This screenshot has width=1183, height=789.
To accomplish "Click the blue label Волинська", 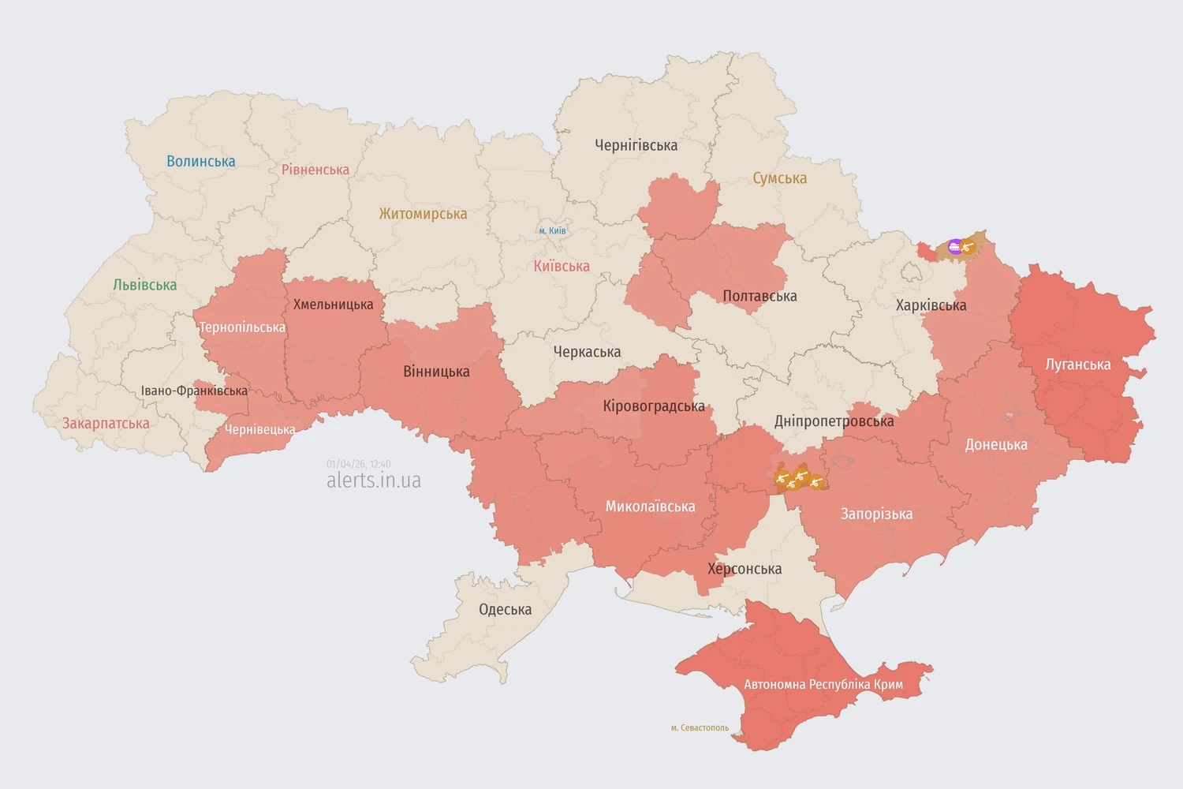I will pyautogui.click(x=200, y=161).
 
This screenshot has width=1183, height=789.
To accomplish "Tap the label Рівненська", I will pyautogui.click(x=315, y=170).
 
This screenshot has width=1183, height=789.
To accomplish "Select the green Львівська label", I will pyautogui.click(x=144, y=285).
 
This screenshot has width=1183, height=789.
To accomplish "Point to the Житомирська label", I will pyautogui.click(x=423, y=214).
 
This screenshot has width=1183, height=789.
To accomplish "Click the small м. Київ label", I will pyautogui.click(x=552, y=230).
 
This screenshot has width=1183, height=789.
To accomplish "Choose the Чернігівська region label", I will pyautogui.click(x=636, y=145).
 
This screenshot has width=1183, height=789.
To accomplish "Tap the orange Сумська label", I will pyautogui.click(x=779, y=178).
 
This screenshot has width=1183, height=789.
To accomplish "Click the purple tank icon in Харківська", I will pyautogui.click(x=954, y=247).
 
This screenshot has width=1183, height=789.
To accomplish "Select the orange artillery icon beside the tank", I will pyautogui.click(x=968, y=247).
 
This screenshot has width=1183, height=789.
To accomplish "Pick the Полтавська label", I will pyautogui.click(x=759, y=296).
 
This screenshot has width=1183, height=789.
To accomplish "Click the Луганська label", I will pyautogui.click(x=1077, y=365).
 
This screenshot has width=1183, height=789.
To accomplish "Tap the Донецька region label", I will pyautogui.click(x=996, y=445).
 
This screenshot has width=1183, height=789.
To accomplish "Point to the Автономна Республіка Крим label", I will pyautogui.click(x=823, y=684).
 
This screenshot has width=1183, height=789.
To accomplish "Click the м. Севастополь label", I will pyautogui.click(x=700, y=727).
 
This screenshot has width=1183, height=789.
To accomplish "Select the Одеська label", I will pyautogui.click(x=505, y=609).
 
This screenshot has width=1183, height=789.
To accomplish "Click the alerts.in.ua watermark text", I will pyautogui.click(x=374, y=481).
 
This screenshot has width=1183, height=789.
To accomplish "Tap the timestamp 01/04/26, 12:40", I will pyautogui.click(x=358, y=464).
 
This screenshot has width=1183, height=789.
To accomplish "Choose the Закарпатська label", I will pyautogui.click(x=106, y=424).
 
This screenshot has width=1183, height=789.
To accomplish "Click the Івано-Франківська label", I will pyautogui.click(x=194, y=391).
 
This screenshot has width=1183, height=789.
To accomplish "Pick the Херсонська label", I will pyautogui.click(x=745, y=569).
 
